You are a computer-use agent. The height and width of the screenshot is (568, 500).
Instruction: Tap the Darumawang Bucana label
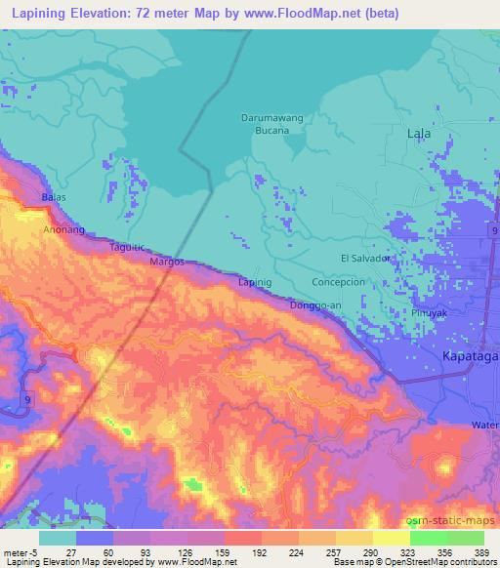pyautogui.click(x=266, y=124)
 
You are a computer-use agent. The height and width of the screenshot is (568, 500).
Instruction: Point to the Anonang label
pyautogui.click(x=63, y=230)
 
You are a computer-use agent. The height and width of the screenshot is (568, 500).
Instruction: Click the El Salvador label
pyautogui.click(x=365, y=258)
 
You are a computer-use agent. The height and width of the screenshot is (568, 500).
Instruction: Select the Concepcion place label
pyautogui.click(x=337, y=281)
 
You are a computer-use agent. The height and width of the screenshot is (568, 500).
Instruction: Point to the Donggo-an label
pyautogui.click(x=314, y=305)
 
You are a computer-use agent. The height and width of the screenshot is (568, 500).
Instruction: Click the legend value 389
pyautogui.click(x=481, y=550)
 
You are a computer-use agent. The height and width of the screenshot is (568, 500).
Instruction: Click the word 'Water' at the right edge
pyautogui.click(x=485, y=425)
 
